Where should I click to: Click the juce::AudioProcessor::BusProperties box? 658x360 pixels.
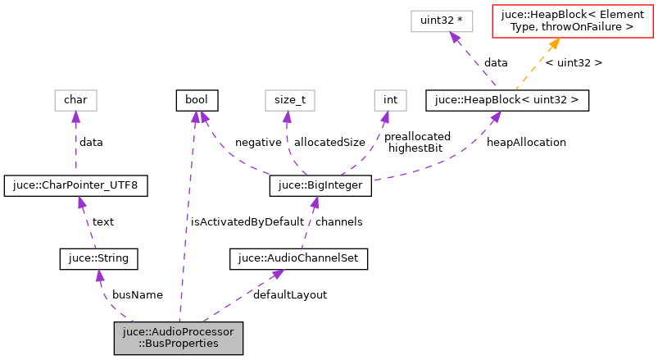(x=179, y=338)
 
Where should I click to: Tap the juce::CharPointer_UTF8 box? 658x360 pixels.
(x=76, y=186)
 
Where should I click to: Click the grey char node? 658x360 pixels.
(x=75, y=101)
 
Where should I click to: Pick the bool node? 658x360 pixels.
(x=196, y=101)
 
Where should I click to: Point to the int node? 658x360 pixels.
(x=391, y=101)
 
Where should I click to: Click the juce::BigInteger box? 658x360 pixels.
(x=321, y=186)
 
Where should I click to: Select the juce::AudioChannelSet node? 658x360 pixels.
(x=298, y=259)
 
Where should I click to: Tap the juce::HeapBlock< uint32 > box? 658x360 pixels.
(x=506, y=101)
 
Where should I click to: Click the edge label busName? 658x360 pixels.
(x=138, y=294)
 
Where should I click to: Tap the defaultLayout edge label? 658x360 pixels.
(x=290, y=294)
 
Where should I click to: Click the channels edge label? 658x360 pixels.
(x=339, y=221)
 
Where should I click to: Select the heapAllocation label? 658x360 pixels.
(x=526, y=142)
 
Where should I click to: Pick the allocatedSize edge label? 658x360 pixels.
(x=329, y=142)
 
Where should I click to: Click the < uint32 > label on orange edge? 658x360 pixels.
(x=574, y=62)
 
